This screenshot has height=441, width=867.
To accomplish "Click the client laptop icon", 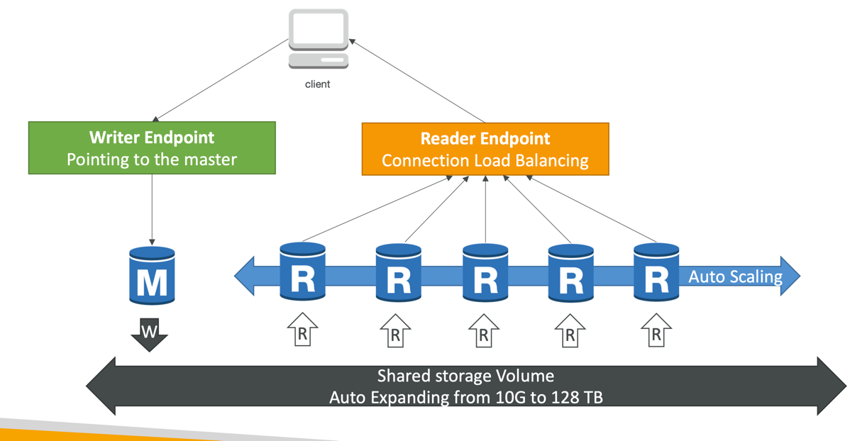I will tap(318, 38).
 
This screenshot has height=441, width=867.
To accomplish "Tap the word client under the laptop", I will tap(317, 84).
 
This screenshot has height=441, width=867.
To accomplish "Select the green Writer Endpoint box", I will tap(152, 147).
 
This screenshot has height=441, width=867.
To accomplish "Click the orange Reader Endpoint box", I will tap(485, 149).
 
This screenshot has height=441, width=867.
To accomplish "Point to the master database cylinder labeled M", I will tap(152, 275).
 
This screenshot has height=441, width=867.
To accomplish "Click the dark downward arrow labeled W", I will tap(149, 334).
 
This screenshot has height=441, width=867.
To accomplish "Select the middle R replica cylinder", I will tap(485, 273).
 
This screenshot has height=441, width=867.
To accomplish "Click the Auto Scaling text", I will tap(735, 277).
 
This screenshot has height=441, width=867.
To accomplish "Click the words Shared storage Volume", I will tap(465, 376).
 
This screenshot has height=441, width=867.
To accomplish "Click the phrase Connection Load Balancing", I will tap(485, 161).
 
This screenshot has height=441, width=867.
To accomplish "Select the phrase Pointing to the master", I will tap(152, 160).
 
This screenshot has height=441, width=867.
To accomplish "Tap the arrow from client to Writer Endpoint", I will tap(220, 79).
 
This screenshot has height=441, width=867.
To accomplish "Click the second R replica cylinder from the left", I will tap(398, 273).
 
